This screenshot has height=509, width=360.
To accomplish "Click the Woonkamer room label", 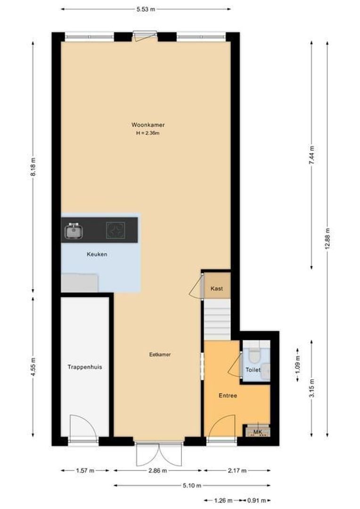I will pyautogui.click(x=147, y=125).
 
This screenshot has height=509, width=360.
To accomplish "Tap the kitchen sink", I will pyautogui.click(x=74, y=231).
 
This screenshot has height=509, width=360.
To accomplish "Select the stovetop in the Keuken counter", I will pyautogui.click(x=115, y=230).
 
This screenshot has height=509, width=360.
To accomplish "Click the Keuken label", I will pyautogui.click(x=97, y=254).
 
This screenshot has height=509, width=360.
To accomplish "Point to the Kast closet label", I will pyautogui.click(x=217, y=288).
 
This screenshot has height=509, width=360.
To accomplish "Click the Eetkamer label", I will pyautogui.click(x=158, y=354).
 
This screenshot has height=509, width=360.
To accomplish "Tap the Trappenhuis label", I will pyautogui.click(x=85, y=367).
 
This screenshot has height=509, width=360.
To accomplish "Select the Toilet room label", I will pyautogui.click(x=253, y=370).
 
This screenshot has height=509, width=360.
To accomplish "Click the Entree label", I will pyautogui.click(x=228, y=395).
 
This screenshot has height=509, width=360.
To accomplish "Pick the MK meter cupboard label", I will pyautogui.click(x=257, y=432).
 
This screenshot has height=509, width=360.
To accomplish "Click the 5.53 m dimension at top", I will pyautogui.click(x=146, y=9).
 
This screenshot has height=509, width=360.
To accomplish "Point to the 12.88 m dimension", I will pyautogui.click(x=327, y=239).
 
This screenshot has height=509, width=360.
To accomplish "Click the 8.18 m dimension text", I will pyautogui.click(x=33, y=166).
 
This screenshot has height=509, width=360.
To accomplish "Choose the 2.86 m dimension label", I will pyautogui.click(x=157, y=470).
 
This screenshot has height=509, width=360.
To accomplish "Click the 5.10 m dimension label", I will pyautogui.click(x=192, y=486).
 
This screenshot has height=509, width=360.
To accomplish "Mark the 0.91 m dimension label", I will pyautogui.click(x=260, y=501).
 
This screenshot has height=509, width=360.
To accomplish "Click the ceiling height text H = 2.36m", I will pyautogui.click(x=147, y=133).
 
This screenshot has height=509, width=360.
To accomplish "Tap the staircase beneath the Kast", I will pyautogui.click(x=217, y=320).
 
